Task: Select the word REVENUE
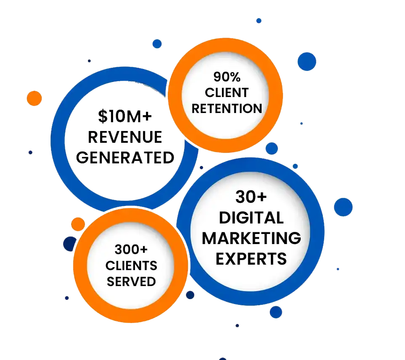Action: tap(125, 137)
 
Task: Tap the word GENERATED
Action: tap(126, 158)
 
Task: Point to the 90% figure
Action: tap(227, 77)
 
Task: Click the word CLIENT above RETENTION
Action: tap(227, 92)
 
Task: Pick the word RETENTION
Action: tap(227, 108)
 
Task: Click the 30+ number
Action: tap(251, 197)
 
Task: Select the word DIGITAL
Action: tap(251, 217)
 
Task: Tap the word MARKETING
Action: tap(251, 238)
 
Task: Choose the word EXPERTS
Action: tap(251, 258)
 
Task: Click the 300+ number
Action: tap(131, 250)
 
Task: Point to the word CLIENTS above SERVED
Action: tap(131, 265)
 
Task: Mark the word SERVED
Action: tap(131, 281)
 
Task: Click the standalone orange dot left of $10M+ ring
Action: tap(34, 98)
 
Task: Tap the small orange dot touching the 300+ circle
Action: tap(78, 224)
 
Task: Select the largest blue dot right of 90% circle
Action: tap(307, 61)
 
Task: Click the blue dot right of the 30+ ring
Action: tap(343, 207)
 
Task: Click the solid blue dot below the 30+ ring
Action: tap(276, 312)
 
